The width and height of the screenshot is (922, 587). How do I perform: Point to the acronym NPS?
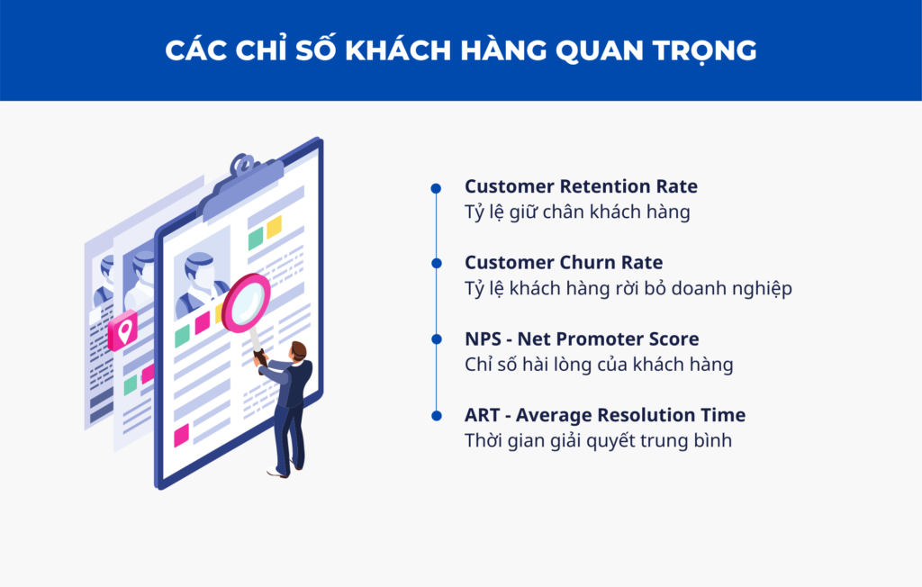click(x=483, y=339)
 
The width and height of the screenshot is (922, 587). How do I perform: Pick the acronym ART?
click(x=482, y=415)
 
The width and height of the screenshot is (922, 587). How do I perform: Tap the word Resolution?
click(x=631, y=415)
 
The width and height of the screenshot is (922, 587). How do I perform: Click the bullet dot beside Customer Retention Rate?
click(x=436, y=188)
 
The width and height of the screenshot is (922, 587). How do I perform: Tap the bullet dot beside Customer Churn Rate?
click(x=437, y=264)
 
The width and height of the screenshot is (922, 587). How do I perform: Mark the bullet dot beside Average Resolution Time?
click(x=437, y=416)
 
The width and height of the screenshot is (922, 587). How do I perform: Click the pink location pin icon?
click(x=122, y=330)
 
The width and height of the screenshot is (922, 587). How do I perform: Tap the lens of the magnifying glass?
click(x=247, y=303)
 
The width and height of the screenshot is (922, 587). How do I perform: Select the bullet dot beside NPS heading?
click(x=437, y=339)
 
